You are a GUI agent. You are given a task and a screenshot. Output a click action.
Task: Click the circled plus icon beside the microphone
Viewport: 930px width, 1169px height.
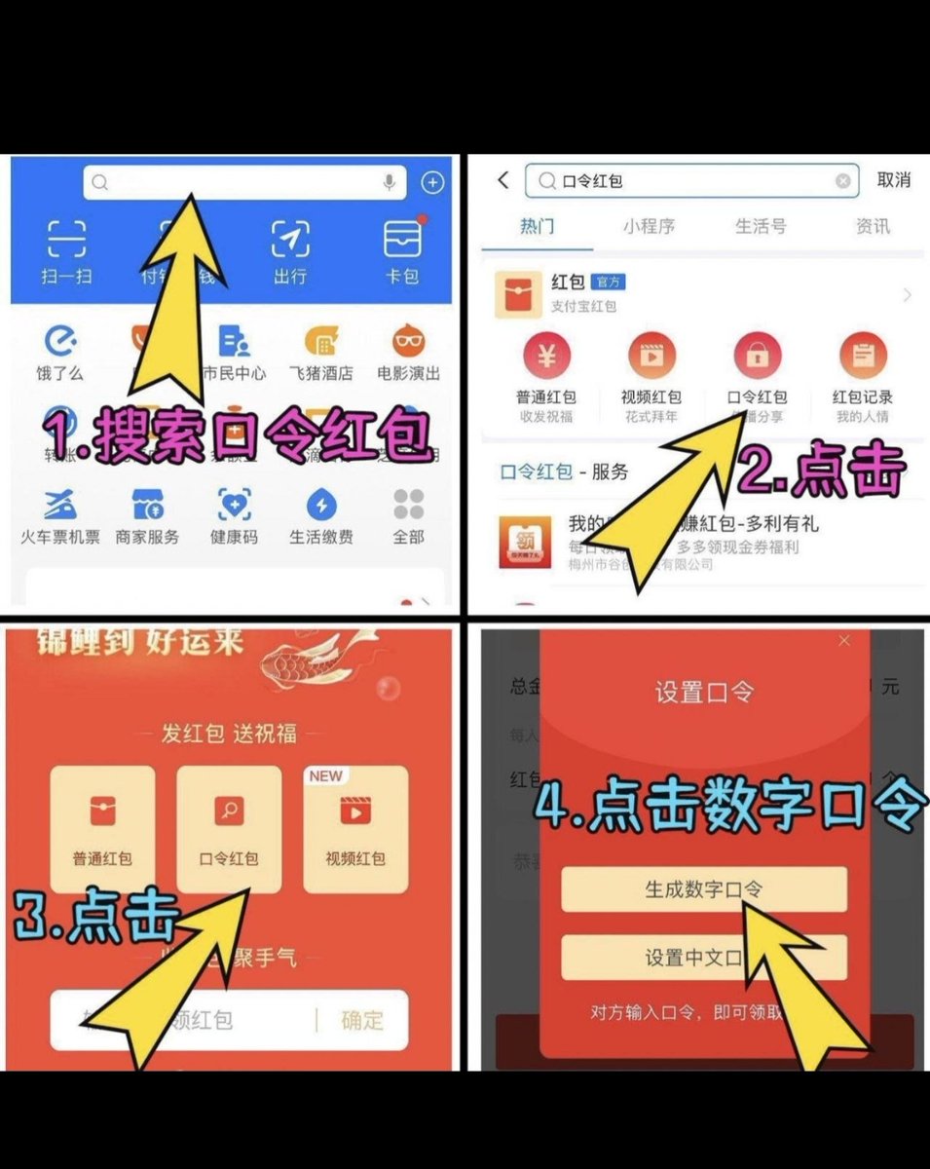pos(431,182)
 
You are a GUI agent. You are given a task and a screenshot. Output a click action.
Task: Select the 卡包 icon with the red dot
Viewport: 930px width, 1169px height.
pos(401,238)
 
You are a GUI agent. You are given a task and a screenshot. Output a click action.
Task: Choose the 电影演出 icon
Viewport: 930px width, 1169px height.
pos(408,341)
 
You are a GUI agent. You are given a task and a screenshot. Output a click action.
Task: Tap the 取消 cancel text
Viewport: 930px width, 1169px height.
pos(893,180)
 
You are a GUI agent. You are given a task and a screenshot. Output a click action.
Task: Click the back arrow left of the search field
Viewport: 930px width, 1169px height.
pos(503,180)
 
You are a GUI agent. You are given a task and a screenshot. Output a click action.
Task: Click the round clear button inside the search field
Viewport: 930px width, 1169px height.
pos(843,181)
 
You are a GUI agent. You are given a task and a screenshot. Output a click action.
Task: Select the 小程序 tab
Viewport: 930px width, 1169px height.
pos(649,226)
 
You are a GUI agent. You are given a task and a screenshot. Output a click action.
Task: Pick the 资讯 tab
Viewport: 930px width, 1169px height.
pos(873,226)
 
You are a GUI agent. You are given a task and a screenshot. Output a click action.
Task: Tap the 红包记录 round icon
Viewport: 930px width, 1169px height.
pos(863,357)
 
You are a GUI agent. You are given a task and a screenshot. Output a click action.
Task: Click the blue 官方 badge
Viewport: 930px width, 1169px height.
pos(609,282)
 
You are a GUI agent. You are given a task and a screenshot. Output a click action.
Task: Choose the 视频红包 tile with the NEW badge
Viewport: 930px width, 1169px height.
pos(355,828)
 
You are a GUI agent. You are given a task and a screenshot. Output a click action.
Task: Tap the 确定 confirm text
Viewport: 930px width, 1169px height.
pos(362,1020)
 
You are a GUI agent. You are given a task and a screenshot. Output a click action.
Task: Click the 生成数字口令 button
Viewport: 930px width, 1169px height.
pos(703,889)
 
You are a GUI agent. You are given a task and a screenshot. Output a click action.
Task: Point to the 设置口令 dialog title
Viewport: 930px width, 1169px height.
pos(703,693)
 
